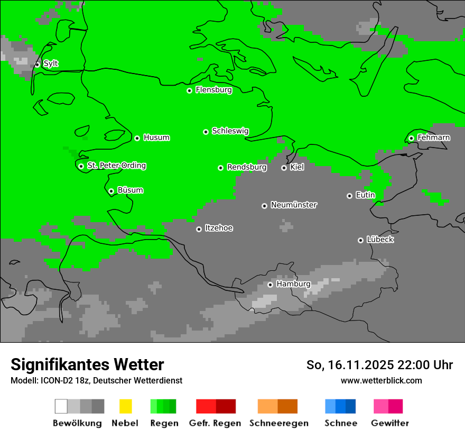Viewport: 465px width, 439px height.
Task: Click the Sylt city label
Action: (x=51, y=63)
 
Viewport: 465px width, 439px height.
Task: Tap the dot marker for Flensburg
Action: (x=189, y=90)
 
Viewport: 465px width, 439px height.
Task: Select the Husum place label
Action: (x=156, y=138)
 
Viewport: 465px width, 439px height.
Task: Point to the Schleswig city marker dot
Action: (x=206, y=132)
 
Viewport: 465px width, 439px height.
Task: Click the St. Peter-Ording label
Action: (x=116, y=166)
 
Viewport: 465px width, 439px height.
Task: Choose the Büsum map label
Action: (x=130, y=190)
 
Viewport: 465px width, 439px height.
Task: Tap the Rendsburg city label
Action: (x=247, y=167)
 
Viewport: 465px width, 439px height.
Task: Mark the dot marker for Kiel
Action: (x=284, y=168)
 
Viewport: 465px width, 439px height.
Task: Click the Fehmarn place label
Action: (x=433, y=138)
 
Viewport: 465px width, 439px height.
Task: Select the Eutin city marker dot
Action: (x=349, y=196)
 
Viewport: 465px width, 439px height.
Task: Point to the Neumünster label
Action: (x=294, y=205)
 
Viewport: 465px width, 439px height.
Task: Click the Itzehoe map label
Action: (x=219, y=228)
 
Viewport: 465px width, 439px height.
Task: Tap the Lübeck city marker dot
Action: (x=360, y=240)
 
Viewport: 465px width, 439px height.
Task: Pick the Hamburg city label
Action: (x=293, y=284)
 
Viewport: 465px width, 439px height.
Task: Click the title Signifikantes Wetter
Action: (x=87, y=364)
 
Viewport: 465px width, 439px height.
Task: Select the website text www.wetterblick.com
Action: (x=381, y=380)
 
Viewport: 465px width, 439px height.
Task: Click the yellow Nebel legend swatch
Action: (x=125, y=406)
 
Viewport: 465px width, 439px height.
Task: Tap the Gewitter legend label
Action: (x=389, y=423)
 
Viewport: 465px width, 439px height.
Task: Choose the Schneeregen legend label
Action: (x=278, y=423)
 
